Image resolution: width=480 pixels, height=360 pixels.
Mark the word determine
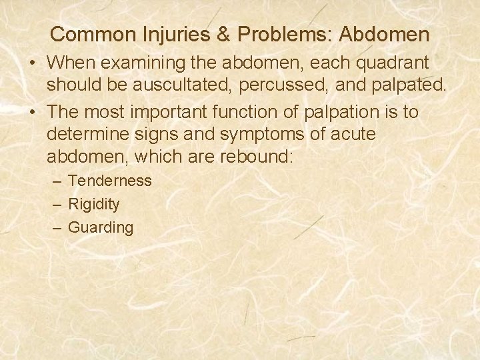(87, 135)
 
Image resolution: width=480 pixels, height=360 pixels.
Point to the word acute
(352, 135)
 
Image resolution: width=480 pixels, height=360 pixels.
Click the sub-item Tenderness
(110, 181)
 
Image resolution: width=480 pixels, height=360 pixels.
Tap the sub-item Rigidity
(94, 204)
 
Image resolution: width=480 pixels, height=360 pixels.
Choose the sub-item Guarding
(101, 227)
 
